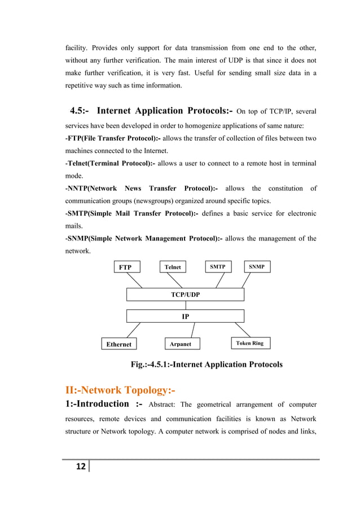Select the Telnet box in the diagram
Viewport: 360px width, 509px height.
(173, 267)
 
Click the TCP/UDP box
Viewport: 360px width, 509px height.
(185, 295)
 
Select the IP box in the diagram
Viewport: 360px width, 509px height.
(185, 317)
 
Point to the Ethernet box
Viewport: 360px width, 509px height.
(118, 344)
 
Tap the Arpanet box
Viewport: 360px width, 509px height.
(181, 344)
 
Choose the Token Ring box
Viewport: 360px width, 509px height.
(249, 343)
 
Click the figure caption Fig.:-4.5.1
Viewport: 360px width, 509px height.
(207, 365)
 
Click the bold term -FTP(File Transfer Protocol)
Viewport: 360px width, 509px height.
(113, 138)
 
